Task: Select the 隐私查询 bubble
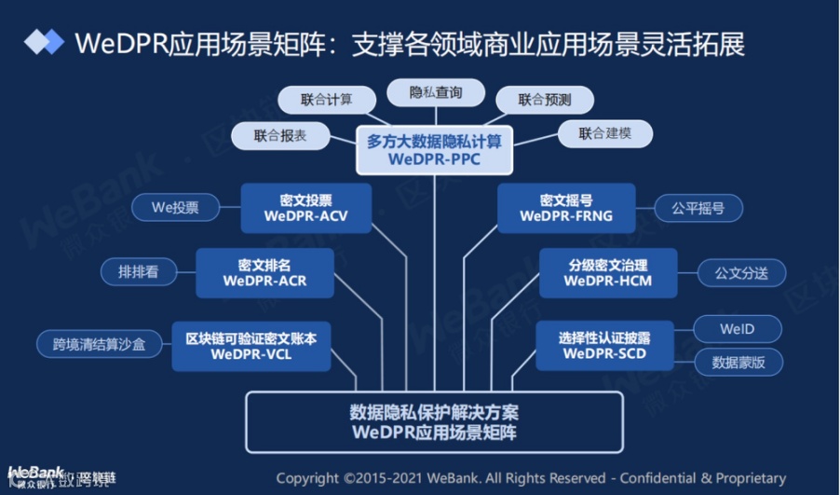point(435,93)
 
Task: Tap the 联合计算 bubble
point(327,100)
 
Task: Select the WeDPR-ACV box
point(305,208)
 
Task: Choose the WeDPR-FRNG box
point(565,208)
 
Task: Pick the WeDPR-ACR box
point(264,272)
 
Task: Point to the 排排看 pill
point(138,273)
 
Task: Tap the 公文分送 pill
point(741,273)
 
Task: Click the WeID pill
point(736,329)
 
